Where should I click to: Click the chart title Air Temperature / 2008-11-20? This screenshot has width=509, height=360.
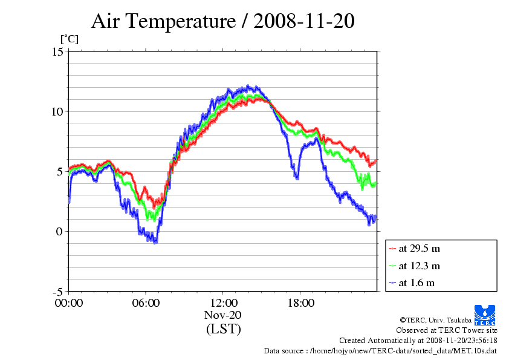pyautogui.click(x=222, y=21)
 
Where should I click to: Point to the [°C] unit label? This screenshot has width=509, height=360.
pyautogui.click(x=68, y=39)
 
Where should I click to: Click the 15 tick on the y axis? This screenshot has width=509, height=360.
pyautogui.click(x=57, y=52)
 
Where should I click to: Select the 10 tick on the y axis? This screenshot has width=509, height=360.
pyautogui.click(x=57, y=111)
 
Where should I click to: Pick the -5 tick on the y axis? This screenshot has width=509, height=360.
pyautogui.click(x=57, y=292)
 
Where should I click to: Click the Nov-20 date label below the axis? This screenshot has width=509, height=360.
pyautogui.click(x=223, y=315)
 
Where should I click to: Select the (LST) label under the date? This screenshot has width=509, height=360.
pyautogui.click(x=223, y=329)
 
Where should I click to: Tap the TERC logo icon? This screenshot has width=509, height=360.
pyautogui.click(x=485, y=312)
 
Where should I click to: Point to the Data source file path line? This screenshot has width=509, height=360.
pyautogui.click(x=380, y=350)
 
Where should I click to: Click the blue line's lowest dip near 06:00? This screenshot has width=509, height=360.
pyautogui.click(x=155, y=242)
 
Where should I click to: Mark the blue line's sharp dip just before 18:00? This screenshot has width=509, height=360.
pyautogui.click(x=296, y=177)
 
